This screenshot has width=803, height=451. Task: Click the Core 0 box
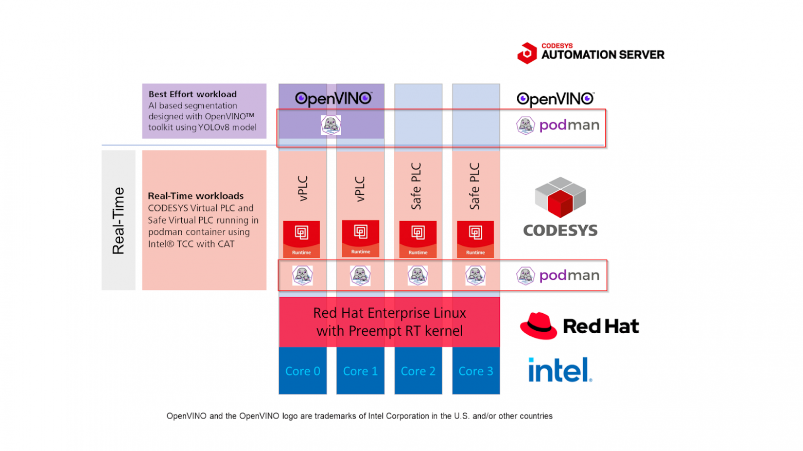(303, 371)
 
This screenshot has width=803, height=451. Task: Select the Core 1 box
(360, 371)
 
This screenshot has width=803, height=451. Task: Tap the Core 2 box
(418, 371)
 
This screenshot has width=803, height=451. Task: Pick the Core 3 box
(476, 371)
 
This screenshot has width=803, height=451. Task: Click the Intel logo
(560, 370)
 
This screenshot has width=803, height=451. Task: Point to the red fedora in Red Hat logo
(538, 326)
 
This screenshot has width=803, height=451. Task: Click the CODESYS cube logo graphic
(560, 197)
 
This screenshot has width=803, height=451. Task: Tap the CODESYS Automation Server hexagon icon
(527, 53)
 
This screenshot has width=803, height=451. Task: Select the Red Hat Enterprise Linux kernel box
(390, 322)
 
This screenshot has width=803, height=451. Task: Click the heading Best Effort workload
(193, 94)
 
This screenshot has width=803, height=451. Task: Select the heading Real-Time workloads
(196, 196)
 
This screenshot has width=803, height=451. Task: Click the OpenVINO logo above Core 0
(333, 98)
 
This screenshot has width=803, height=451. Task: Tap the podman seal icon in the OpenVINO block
(330, 125)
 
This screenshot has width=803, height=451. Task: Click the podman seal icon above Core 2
(418, 276)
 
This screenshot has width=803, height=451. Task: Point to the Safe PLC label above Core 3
(475, 186)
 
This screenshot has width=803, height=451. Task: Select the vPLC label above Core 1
(360, 189)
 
